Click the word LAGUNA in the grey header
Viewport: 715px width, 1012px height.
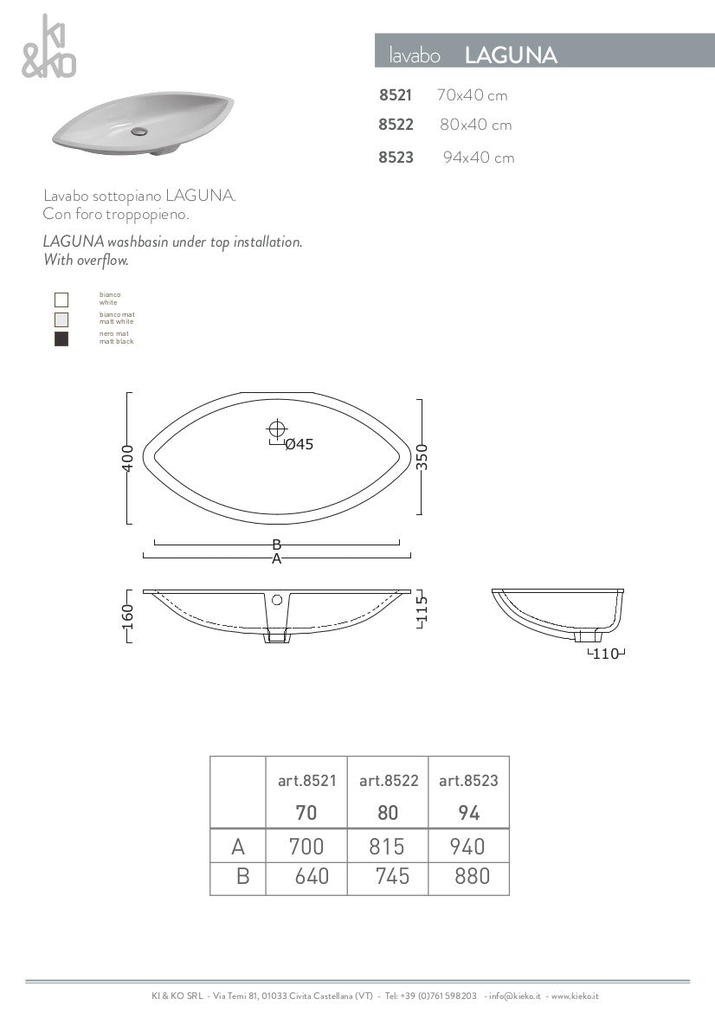pos(511,56)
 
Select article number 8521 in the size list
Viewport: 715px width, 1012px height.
pos(396,95)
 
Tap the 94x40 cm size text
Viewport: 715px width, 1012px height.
pos(479,158)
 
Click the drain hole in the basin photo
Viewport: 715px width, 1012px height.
pos(138,132)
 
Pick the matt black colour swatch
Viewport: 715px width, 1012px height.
pos(61,338)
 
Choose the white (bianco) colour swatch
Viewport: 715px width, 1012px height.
pos(61,300)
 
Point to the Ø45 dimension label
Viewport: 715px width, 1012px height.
pos(299,444)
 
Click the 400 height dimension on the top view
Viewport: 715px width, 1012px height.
pos(128,458)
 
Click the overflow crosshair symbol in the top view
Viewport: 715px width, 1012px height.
pos(277,428)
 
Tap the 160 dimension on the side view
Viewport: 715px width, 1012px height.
pos(128,616)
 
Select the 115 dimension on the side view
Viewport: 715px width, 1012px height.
pos(422,610)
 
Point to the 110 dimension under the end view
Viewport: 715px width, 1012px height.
pos(606,654)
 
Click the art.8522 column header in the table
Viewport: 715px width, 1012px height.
pos(389,781)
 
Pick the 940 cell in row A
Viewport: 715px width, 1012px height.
pos(468,846)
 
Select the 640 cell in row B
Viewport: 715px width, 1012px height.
pos(312,877)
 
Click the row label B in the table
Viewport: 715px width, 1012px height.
pos(242,877)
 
